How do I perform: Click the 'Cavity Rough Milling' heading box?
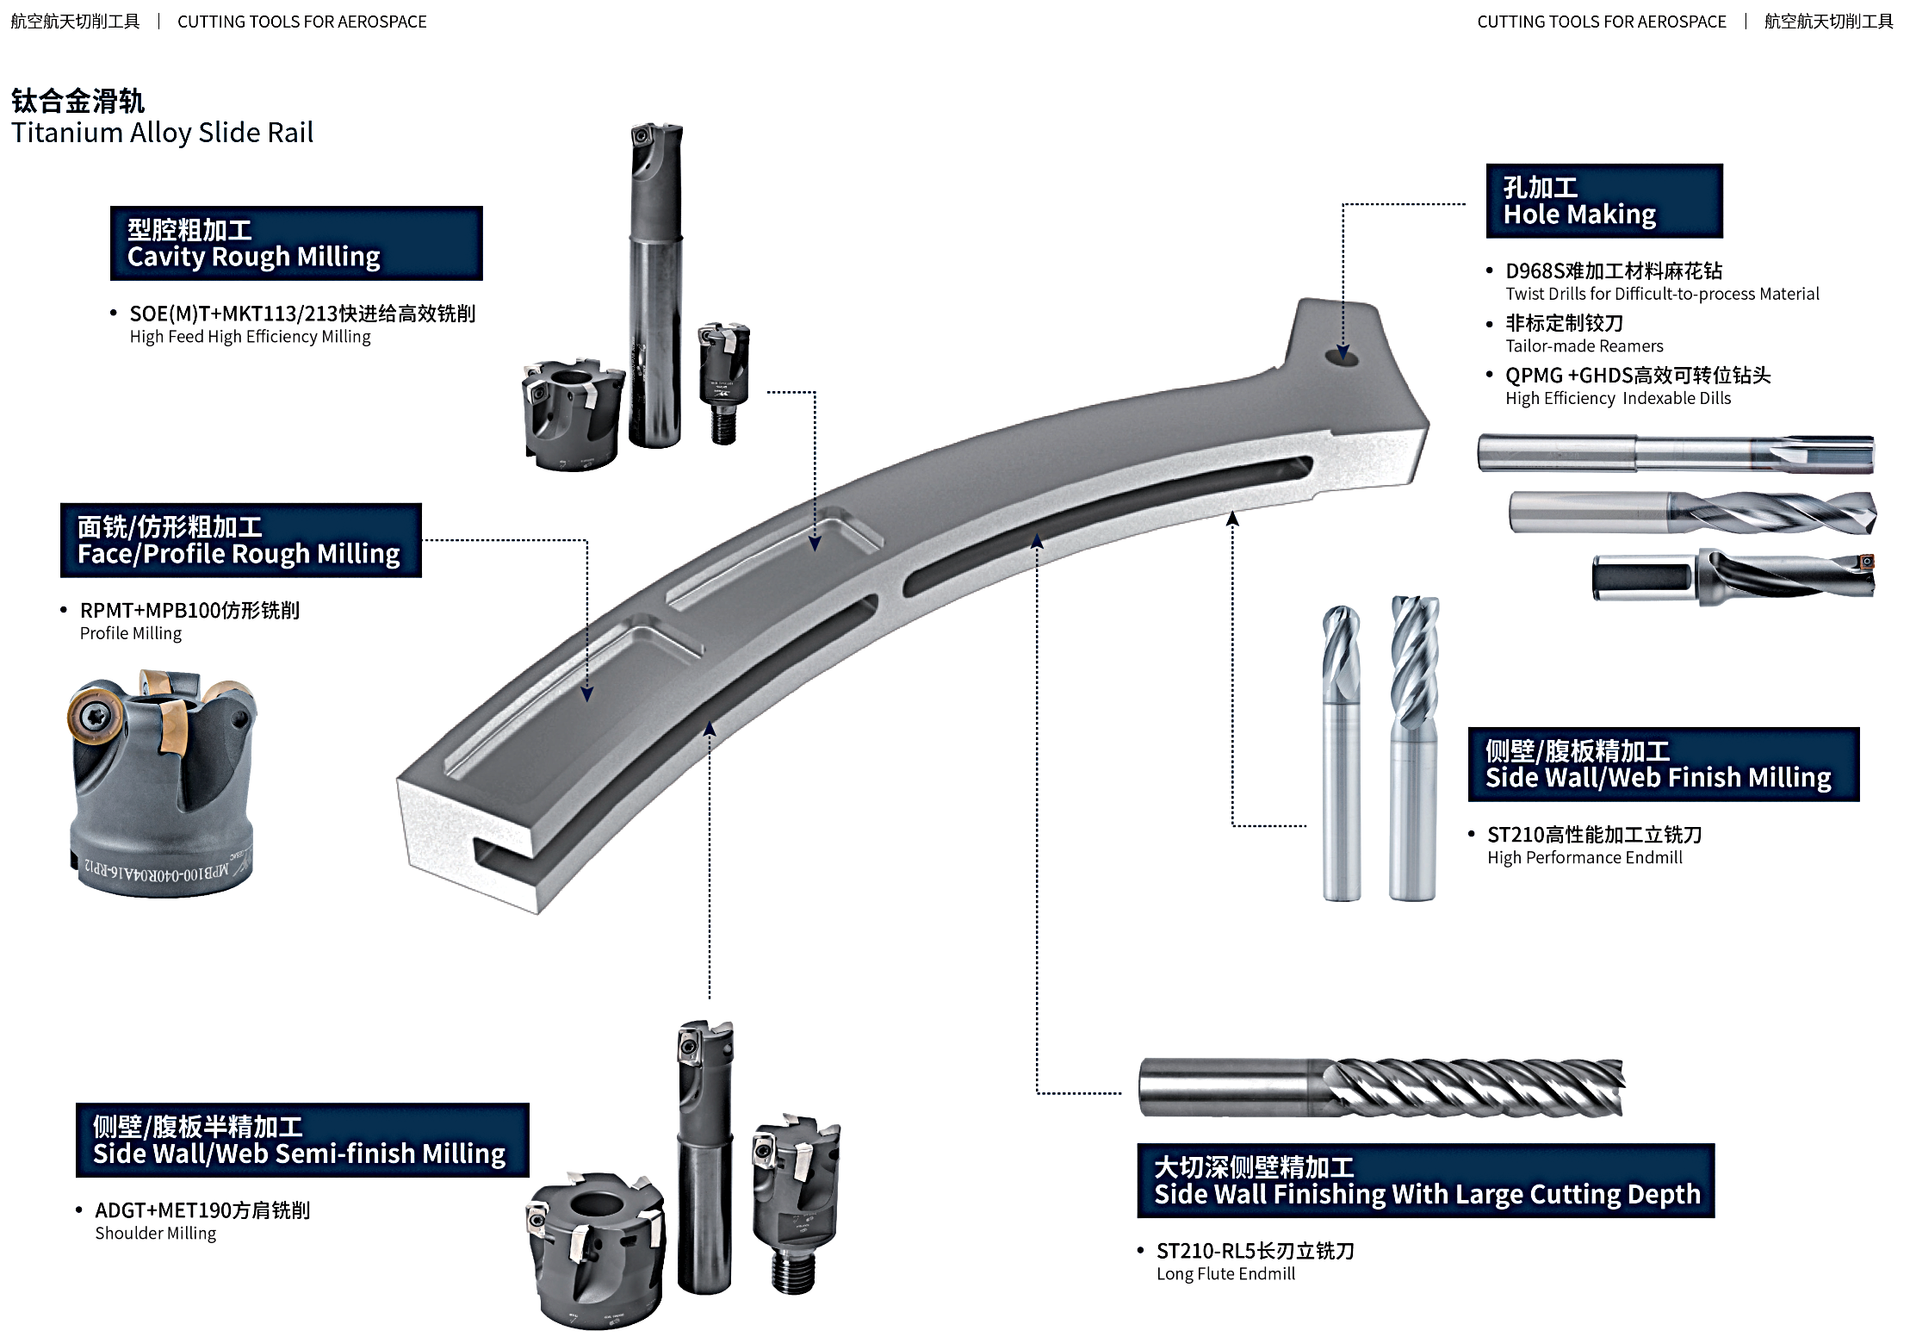pos(296,244)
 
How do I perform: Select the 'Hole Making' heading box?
pos(1603,202)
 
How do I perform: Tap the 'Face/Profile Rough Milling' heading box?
pos(240,540)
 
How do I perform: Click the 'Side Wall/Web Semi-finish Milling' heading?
pos(302,1140)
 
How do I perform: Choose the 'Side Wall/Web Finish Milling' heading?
pos(1663,765)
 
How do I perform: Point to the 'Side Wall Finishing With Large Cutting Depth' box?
pos(1425,1181)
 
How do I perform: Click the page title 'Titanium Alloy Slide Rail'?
pos(162,133)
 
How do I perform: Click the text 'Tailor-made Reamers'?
pos(1584,346)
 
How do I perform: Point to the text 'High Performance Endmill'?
pos(1584,858)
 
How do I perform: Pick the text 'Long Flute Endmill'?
pos(1225,1274)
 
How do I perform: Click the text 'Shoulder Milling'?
pos(155,1234)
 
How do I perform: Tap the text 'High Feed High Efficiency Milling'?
pos(250,337)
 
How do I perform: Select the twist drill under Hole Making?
pos(1691,513)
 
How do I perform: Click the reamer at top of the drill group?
pos(1675,453)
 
